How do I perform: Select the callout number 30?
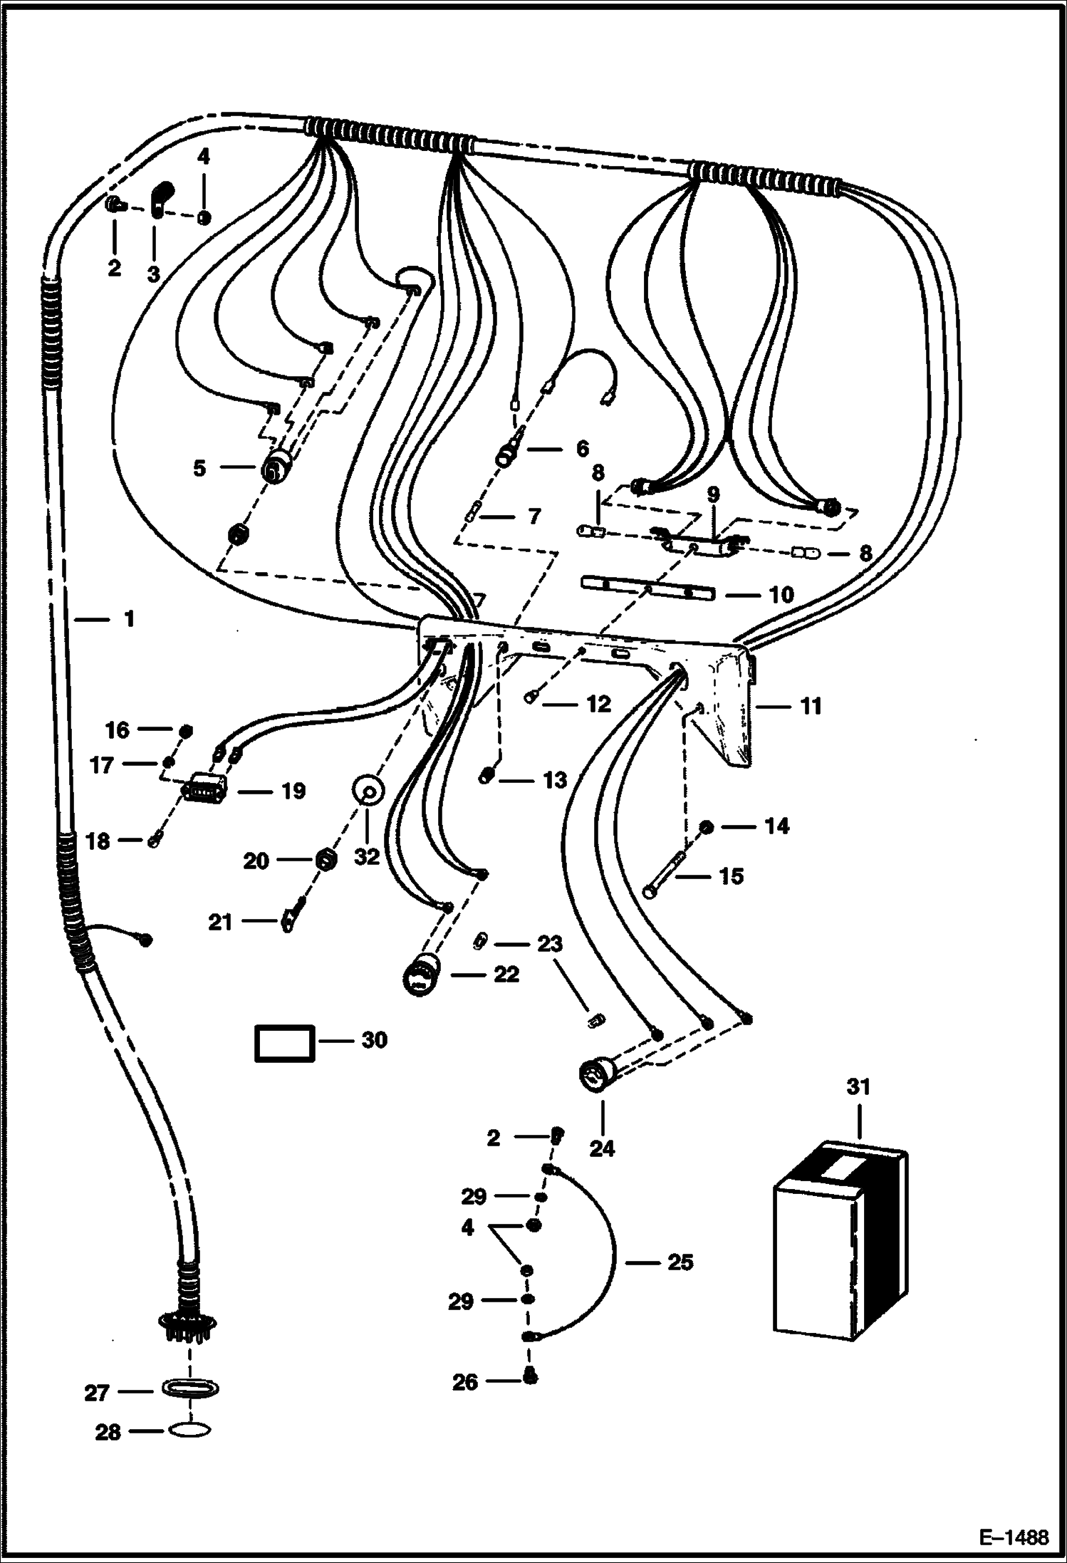point(374,1040)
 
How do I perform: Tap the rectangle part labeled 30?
point(284,1044)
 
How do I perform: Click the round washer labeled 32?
point(369,791)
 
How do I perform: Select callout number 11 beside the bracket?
point(811,706)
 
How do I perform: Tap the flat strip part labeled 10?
point(647,589)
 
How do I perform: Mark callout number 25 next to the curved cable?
point(680,1262)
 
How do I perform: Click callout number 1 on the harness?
point(129,619)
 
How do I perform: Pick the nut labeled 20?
point(325,860)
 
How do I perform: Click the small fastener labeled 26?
point(529,1378)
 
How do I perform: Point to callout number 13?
point(555,779)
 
